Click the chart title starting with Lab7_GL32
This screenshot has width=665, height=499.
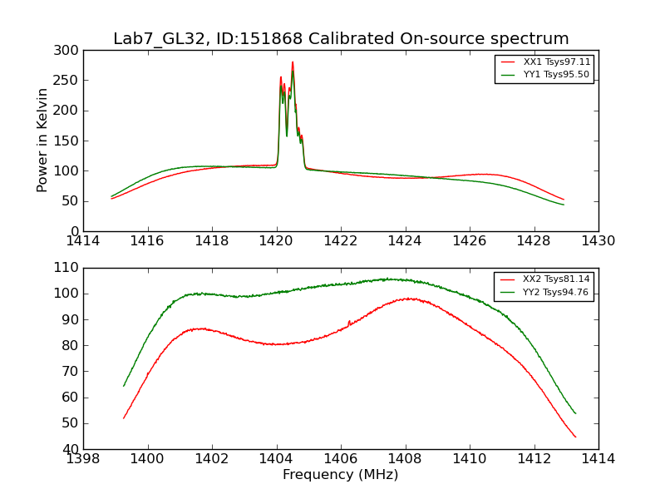[x=341, y=39]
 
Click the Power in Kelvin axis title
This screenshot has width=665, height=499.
[x=42, y=141]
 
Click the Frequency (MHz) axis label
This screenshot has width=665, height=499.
[x=341, y=475]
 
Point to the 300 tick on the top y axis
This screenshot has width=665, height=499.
[x=69, y=51]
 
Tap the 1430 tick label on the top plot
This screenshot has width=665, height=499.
[x=598, y=241]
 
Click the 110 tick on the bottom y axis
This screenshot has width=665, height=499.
[x=69, y=268]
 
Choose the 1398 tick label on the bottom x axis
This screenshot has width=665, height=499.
[x=84, y=458]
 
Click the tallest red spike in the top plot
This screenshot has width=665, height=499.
[x=293, y=62]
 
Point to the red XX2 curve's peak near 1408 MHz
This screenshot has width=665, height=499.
[x=409, y=299]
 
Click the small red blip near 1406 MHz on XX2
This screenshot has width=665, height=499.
[x=349, y=322]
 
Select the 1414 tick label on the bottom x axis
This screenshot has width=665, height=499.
[x=598, y=458]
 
